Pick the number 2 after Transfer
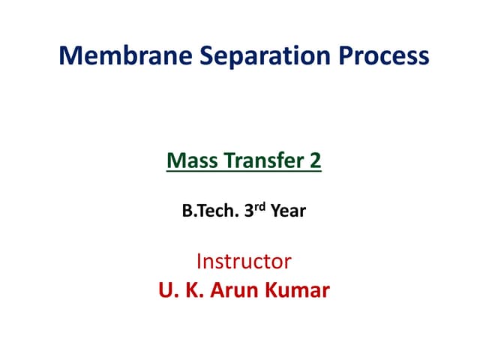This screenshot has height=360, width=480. pos(316,160)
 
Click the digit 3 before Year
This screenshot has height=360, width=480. pos(248,211)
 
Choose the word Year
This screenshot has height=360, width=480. pos(288,211)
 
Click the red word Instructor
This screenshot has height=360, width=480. pos(244,262)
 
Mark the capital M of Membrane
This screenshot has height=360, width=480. pos(70,56)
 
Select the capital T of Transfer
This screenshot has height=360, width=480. pos(225,160)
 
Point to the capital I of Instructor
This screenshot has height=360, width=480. pos(199,262)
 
